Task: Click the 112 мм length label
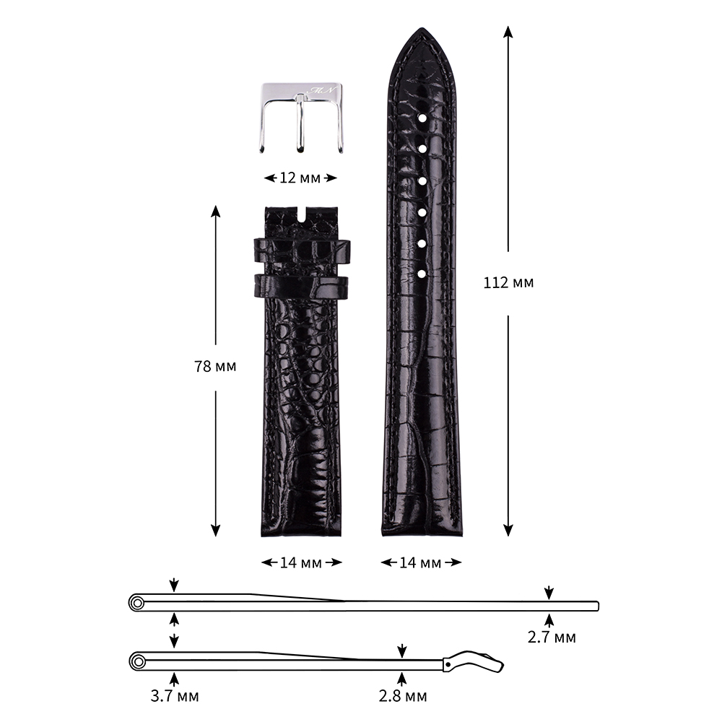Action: click(508, 282)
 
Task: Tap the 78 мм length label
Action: click(215, 366)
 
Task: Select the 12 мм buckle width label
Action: click(300, 178)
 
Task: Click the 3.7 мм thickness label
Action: click(175, 695)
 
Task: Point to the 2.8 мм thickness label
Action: click(402, 695)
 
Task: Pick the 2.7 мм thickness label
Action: click(552, 637)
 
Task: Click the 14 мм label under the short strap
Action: click(300, 562)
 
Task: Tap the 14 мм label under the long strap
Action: click(420, 562)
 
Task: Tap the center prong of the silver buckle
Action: click(300, 123)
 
